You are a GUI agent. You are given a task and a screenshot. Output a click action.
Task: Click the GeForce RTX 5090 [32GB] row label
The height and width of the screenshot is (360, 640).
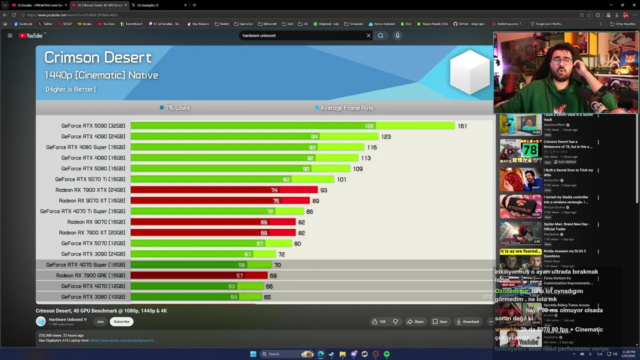pyautogui.click(x=93, y=126)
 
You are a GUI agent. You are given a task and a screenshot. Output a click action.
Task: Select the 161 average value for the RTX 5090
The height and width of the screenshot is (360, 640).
pyautogui.click(x=462, y=126)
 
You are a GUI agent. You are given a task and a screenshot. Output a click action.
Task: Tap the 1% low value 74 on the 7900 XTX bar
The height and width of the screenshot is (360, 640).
pyautogui.click(x=274, y=190)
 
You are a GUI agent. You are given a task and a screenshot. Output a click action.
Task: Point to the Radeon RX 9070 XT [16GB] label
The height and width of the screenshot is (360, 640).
pyautogui.click(x=92, y=200)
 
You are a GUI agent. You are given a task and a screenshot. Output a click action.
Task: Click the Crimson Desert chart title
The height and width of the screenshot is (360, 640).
pyautogui.click(x=98, y=57)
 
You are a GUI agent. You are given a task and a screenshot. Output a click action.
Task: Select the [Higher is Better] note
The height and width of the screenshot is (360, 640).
pyautogui.click(x=70, y=89)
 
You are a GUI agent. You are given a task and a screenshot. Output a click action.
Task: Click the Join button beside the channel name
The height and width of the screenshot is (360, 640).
pyautogui.click(x=100, y=321)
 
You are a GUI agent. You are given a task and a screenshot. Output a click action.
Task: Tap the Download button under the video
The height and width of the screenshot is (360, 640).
pyautogui.click(x=467, y=321)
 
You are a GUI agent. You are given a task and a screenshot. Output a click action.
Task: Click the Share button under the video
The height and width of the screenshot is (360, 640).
pyautogui.click(x=415, y=321)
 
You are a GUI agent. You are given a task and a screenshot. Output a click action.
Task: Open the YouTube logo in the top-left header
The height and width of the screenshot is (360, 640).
pyautogui.click(x=31, y=35)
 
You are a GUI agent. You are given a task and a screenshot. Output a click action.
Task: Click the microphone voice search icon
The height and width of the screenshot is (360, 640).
pyautogui.click(x=397, y=35)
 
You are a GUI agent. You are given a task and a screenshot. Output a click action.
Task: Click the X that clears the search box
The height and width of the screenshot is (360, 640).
pyautogui.click(x=368, y=35)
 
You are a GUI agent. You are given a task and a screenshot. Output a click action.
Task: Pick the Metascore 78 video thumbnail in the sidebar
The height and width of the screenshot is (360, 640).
pyautogui.click(x=520, y=151)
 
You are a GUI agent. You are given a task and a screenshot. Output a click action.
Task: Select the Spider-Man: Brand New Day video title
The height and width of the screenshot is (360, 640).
pyautogui.click(x=566, y=226)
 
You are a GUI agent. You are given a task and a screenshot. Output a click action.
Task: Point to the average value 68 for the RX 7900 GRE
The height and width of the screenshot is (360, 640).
pyautogui.click(x=273, y=276)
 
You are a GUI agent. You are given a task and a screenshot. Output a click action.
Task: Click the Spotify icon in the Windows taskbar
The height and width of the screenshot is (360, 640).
pyautogui.click(x=386, y=354)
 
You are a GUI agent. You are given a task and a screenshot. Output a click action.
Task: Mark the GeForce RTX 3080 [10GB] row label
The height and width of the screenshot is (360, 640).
pyautogui.click(x=93, y=297)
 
